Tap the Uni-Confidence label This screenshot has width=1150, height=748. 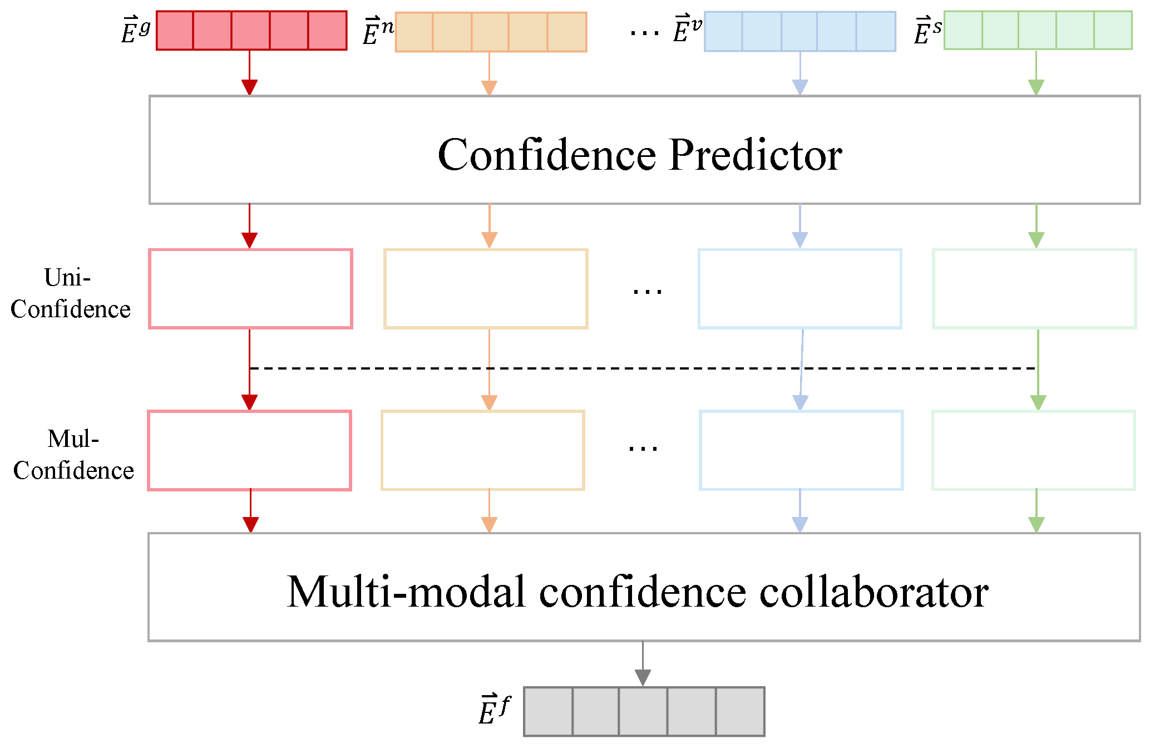(70, 293)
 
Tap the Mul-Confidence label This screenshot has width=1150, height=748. (73, 455)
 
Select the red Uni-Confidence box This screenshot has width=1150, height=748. (250, 289)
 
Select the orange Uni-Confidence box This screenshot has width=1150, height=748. (486, 289)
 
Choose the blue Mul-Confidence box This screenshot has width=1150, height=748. (801, 450)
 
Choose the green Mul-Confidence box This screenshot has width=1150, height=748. (1034, 450)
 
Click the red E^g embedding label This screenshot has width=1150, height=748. (135, 31)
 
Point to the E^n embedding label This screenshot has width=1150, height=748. (378, 32)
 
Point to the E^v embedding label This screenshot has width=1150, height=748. (687, 31)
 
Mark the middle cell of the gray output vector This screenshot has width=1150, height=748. (643, 711)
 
